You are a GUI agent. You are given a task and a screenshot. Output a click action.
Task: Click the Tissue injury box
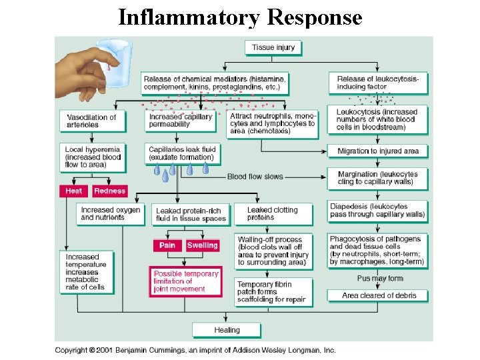pyautogui.click(x=273, y=47)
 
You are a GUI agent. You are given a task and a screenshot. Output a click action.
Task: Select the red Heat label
pyautogui.click(x=74, y=191)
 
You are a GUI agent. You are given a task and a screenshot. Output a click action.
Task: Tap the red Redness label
pyautogui.click(x=110, y=191)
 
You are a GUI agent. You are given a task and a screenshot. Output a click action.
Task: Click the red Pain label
pyautogui.click(x=167, y=245)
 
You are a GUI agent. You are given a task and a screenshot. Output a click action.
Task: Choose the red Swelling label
pyautogui.click(x=202, y=245)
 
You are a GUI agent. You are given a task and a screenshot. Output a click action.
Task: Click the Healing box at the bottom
pyautogui.click(x=227, y=330)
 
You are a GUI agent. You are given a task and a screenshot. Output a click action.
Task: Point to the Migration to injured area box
pyautogui.click(x=377, y=151)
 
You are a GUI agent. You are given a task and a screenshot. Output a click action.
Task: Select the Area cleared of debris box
pyautogui.click(x=377, y=295)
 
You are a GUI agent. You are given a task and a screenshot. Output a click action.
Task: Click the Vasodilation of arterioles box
pyautogui.click(x=91, y=121)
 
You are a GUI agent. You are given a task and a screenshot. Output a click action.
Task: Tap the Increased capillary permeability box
pyautogui.click(x=180, y=121)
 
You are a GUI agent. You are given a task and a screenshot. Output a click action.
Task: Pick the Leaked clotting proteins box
pyautogui.click(x=273, y=213)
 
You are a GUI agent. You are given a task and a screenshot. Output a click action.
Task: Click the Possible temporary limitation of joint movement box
pyautogui.click(x=186, y=281)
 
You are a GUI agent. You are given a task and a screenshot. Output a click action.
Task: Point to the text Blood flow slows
pyautogui.click(x=255, y=177)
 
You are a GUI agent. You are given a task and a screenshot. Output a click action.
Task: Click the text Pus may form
pyautogui.click(x=380, y=279)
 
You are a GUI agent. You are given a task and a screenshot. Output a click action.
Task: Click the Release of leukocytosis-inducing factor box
pyautogui.click(x=377, y=83)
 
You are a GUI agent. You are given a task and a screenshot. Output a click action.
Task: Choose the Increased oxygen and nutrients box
pyautogui.click(x=111, y=213)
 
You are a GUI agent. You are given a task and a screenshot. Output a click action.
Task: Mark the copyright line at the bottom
pyautogui.click(x=195, y=350)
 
